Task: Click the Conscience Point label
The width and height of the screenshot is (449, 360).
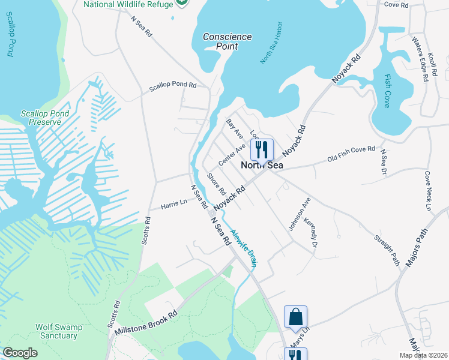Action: click(227, 41)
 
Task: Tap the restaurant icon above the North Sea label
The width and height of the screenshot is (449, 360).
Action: click(262, 149)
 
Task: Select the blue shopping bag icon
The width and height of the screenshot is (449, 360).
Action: click(295, 318)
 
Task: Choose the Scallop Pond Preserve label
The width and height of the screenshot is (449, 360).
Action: click(44, 118)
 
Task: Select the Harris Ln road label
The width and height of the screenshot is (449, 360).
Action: click(174, 205)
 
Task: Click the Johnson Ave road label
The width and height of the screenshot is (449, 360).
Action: click(298, 214)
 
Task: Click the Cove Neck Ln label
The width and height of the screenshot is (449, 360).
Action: click(428, 191)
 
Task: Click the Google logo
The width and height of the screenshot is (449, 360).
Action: click(20, 352)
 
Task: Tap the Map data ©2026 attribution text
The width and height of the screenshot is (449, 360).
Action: click(423, 355)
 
